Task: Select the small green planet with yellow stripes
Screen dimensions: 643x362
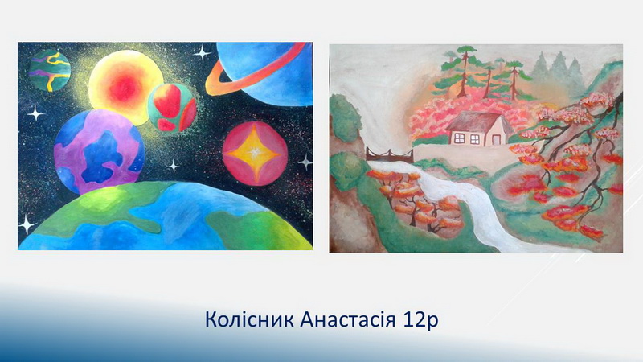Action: [x=50, y=70]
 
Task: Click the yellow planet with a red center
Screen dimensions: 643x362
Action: [x=123, y=88]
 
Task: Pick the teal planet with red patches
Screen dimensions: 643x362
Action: [x=172, y=108]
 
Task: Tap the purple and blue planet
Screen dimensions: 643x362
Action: [x=99, y=152]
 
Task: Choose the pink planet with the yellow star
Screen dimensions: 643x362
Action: [x=255, y=154]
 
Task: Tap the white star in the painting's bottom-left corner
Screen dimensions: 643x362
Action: [x=27, y=224]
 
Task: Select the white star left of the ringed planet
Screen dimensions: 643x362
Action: [x=203, y=53]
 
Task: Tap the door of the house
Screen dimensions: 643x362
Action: [x=496, y=139]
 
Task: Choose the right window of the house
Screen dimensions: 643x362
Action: [x=474, y=138]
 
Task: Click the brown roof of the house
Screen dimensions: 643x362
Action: [x=477, y=121]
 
